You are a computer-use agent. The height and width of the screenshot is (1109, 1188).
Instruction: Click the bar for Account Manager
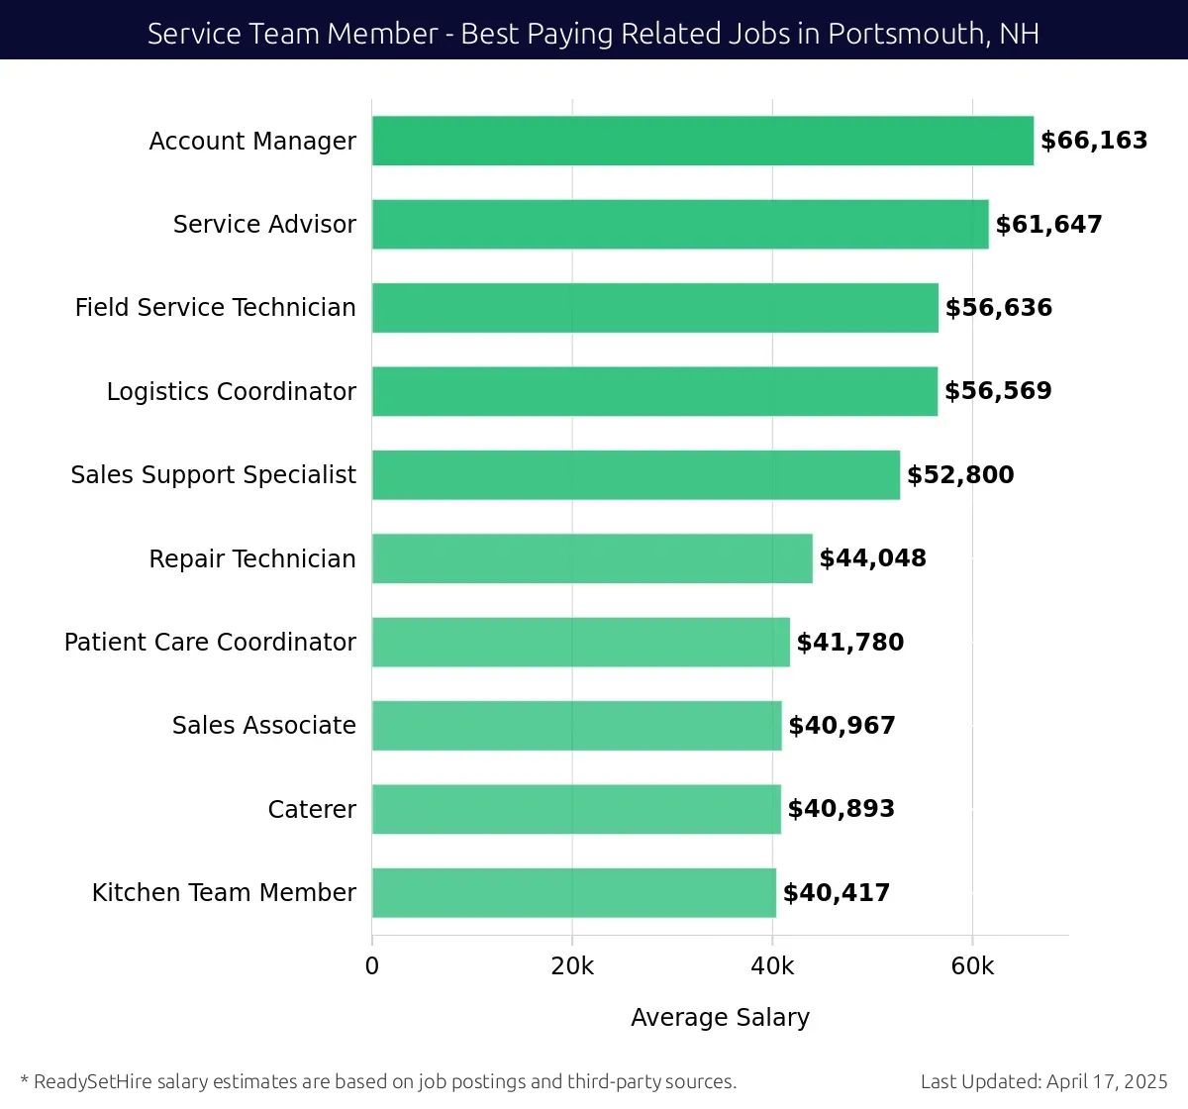pos(703,141)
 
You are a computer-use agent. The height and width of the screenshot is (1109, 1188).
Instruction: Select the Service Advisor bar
pos(680,224)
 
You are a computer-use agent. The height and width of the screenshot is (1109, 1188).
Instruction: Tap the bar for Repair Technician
pos(592,558)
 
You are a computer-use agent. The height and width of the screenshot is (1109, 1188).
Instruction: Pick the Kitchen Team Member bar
pos(574,892)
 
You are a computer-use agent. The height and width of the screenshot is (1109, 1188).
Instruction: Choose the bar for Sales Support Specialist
pos(636,474)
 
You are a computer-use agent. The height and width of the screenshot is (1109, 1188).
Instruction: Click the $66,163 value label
pos(1094,141)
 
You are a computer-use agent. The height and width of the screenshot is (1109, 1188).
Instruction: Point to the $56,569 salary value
pos(998,391)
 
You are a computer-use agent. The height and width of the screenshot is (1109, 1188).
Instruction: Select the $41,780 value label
pos(849,642)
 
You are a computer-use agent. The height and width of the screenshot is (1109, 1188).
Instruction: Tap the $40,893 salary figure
pos(841,809)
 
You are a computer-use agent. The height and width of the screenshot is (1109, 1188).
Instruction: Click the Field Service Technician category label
pos(215,308)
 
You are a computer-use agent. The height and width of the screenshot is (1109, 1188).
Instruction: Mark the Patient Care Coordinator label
pos(210,642)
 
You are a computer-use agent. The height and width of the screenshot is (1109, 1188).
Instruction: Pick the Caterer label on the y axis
pos(312,809)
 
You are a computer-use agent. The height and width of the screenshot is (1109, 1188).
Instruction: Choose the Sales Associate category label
pos(263,726)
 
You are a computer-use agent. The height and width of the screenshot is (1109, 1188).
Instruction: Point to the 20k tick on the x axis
pos(572,966)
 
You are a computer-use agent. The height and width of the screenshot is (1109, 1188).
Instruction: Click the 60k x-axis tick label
pos(972,966)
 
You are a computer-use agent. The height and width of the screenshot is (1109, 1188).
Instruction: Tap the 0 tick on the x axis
pos(372,966)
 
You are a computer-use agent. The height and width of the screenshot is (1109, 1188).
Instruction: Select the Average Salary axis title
pos(720,1017)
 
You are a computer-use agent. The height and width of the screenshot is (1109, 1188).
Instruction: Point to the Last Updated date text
pos(1043,1081)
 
